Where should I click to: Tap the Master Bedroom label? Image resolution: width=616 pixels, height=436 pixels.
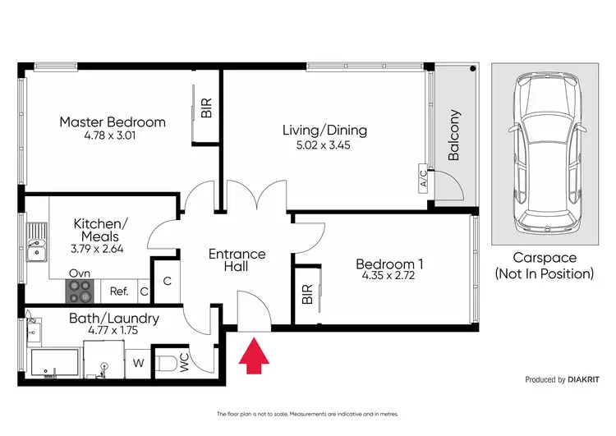pyautogui.click(x=113, y=122)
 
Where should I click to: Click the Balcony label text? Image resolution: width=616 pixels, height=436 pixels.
pyautogui.click(x=454, y=135)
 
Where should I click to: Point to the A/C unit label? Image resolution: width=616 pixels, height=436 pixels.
pyautogui.click(x=423, y=179)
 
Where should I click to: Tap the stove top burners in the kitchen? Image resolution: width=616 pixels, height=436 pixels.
pyautogui.click(x=80, y=289)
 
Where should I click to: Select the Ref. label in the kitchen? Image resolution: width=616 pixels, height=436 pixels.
pyautogui.click(x=118, y=291)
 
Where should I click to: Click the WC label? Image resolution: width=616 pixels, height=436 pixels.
pyautogui.click(x=183, y=363)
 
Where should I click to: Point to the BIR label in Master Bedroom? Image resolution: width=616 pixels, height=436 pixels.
pyautogui.click(x=206, y=108)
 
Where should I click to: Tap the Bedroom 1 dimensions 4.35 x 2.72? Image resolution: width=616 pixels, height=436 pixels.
pyautogui.click(x=388, y=278)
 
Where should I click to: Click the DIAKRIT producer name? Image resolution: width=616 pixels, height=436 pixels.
pyautogui.click(x=585, y=380)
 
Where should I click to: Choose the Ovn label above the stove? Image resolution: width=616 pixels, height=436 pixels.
pyautogui.click(x=80, y=273)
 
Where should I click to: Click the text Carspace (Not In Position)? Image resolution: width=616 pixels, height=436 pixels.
pyautogui.click(x=543, y=266)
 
